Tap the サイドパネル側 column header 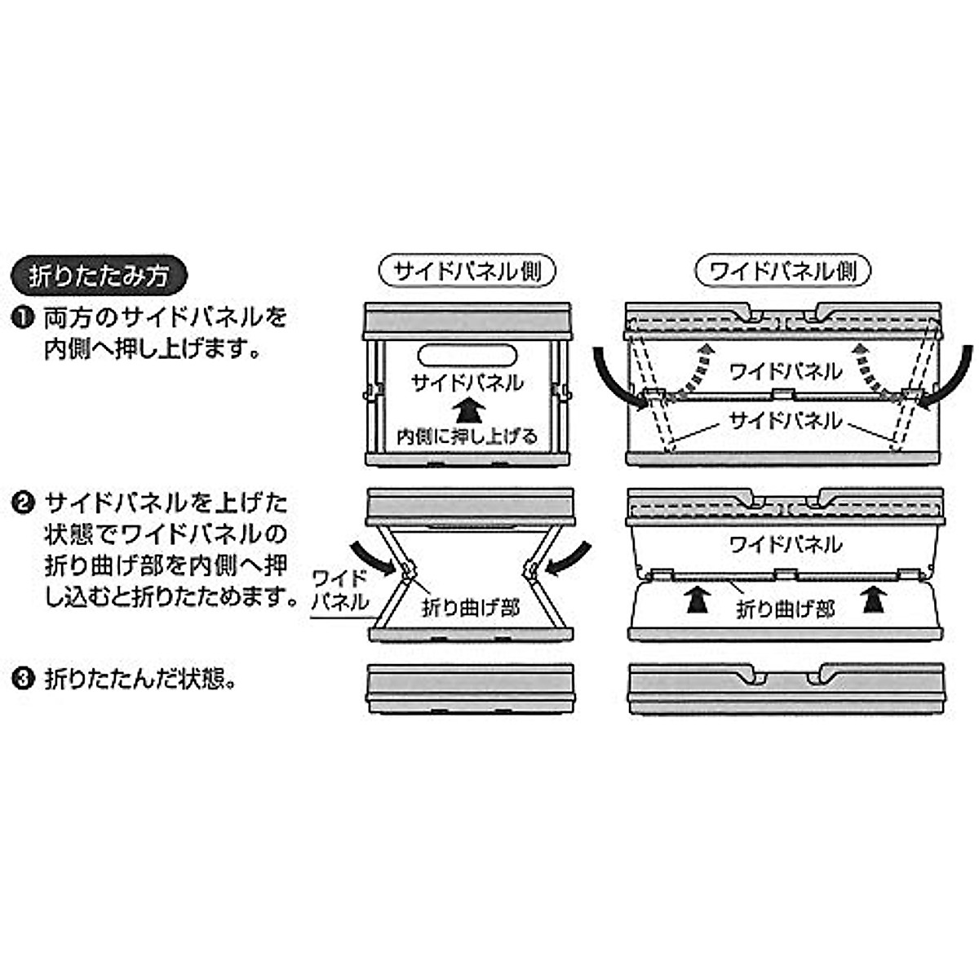click(468, 271)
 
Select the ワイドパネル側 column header click(783, 271)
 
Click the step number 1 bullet click(24, 316)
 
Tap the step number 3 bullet click(24, 678)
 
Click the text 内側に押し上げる click(468, 436)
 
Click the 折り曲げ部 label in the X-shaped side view click(471, 607)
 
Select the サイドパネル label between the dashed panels click(784, 421)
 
